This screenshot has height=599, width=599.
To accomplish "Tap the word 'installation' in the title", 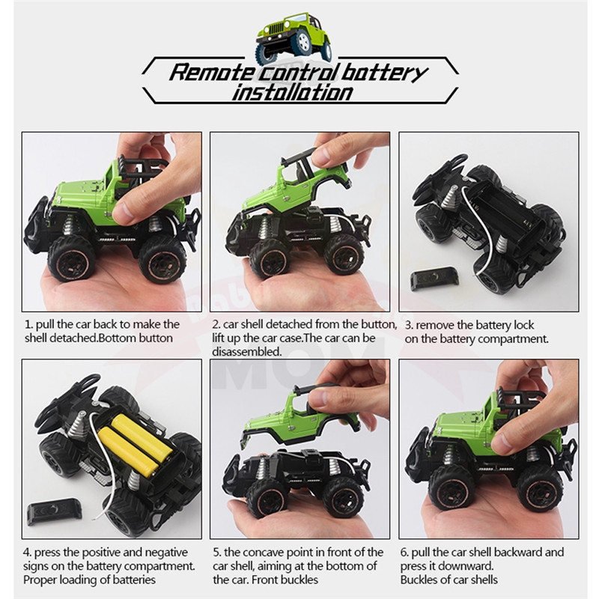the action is (x=292, y=93).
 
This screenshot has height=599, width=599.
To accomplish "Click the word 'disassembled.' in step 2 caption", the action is (x=247, y=352).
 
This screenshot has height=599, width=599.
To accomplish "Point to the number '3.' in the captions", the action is (x=409, y=326).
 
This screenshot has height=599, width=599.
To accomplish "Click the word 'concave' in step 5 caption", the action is (x=263, y=553).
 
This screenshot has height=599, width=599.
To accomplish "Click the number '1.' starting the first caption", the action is (x=28, y=325).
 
